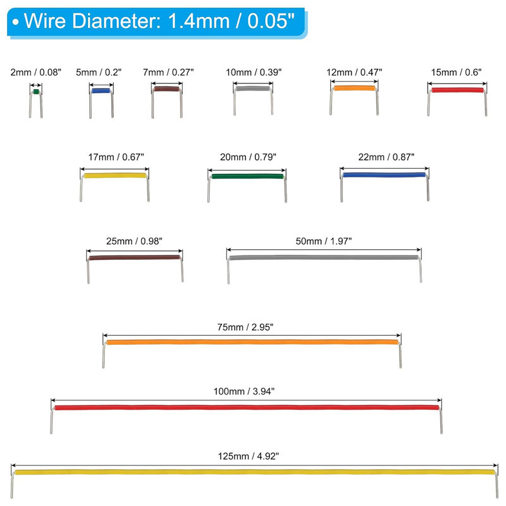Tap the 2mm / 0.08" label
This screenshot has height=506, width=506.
pos(36,72)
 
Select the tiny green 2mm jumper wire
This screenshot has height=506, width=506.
pos(36,93)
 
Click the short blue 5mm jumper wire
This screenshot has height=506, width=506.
pos(101,91)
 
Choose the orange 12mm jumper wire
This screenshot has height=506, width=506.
pos(354,89)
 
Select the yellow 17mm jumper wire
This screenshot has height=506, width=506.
pos(114,176)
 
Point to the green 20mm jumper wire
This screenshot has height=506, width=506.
pos(247,176)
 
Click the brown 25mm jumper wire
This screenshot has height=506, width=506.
pos(134,257)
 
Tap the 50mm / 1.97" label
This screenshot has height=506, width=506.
pos(323,240)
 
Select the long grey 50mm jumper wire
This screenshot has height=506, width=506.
pos(323,257)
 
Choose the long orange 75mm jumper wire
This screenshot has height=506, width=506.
pos(252,342)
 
